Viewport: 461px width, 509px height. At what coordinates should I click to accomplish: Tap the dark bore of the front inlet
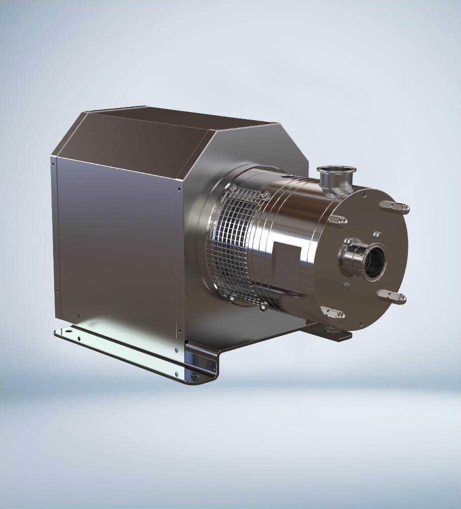click(375, 261)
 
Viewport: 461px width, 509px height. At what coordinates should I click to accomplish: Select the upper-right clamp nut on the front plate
click(395, 207)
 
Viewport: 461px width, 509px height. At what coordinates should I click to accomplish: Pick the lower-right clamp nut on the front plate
click(392, 296)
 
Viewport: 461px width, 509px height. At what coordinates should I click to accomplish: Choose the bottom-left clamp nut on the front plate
click(332, 313)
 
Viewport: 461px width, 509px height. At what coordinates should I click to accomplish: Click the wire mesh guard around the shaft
click(235, 245)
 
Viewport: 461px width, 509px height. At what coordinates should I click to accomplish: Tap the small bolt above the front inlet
click(376, 234)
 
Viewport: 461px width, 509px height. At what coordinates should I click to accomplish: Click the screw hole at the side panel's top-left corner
click(54, 162)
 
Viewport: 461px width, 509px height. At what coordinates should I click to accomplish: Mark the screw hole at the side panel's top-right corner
click(180, 189)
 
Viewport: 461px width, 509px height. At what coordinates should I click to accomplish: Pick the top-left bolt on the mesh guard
click(231, 187)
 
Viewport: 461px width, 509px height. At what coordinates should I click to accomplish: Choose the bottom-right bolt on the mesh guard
click(263, 307)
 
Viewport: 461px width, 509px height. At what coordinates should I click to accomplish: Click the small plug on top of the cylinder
click(287, 175)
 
